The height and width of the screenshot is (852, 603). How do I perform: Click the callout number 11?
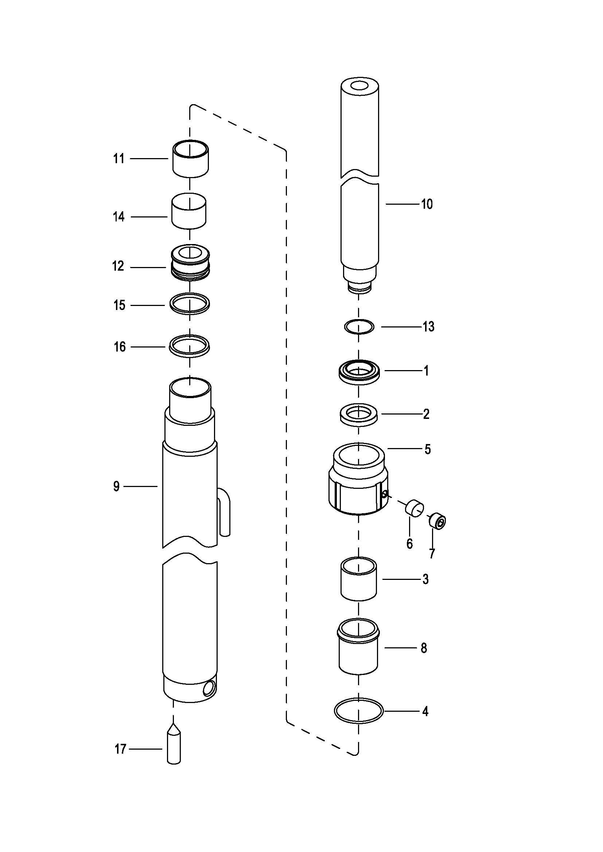[118, 159]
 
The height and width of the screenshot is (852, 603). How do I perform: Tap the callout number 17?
[121, 749]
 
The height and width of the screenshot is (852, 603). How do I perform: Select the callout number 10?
[427, 204]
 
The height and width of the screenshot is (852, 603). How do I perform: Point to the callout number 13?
[428, 326]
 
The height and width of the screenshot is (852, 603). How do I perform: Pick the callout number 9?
[117, 486]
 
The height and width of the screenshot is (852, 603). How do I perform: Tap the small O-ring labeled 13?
[359, 326]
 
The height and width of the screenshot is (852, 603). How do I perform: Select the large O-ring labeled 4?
[358, 711]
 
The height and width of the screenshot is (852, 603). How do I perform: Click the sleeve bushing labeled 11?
[190, 159]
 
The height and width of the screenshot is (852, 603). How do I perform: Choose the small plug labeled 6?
[414, 507]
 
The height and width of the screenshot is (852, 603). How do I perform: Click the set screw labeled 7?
[438, 521]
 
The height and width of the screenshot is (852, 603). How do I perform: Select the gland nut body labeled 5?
[358, 478]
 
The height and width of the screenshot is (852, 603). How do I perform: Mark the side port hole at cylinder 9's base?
[209, 689]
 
